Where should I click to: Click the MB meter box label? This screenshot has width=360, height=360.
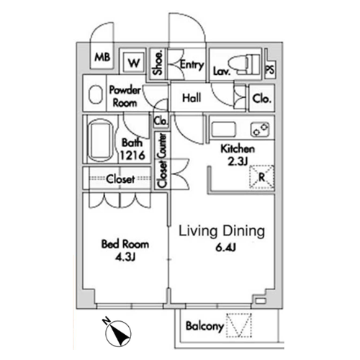point(102,57)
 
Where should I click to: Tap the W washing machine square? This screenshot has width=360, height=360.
point(134,63)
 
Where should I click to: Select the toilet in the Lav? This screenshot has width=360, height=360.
point(244,64)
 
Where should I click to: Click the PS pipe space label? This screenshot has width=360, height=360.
point(270,70)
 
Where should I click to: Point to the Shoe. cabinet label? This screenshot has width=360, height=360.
point(158,63)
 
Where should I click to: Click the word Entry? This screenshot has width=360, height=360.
point(192,65)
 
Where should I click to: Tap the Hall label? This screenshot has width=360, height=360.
point(192,98)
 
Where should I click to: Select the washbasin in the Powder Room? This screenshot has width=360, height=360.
point(94,95)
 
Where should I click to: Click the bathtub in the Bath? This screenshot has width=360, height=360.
point(100,140)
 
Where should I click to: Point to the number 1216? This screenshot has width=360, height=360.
point(132,156)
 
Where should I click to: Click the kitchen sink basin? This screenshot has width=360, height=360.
point(224,130)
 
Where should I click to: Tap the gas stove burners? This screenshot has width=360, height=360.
point(260,130)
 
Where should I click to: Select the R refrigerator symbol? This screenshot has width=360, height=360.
point(262,177)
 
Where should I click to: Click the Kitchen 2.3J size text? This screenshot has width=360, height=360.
point(238,162)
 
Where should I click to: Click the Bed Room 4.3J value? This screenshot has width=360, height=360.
point(125,258)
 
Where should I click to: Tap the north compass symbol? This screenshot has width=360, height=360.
point(118,333)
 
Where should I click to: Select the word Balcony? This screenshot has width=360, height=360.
point(204,326)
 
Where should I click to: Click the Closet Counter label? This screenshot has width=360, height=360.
point(161,161)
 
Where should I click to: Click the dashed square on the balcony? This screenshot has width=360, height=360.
point(239,325)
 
